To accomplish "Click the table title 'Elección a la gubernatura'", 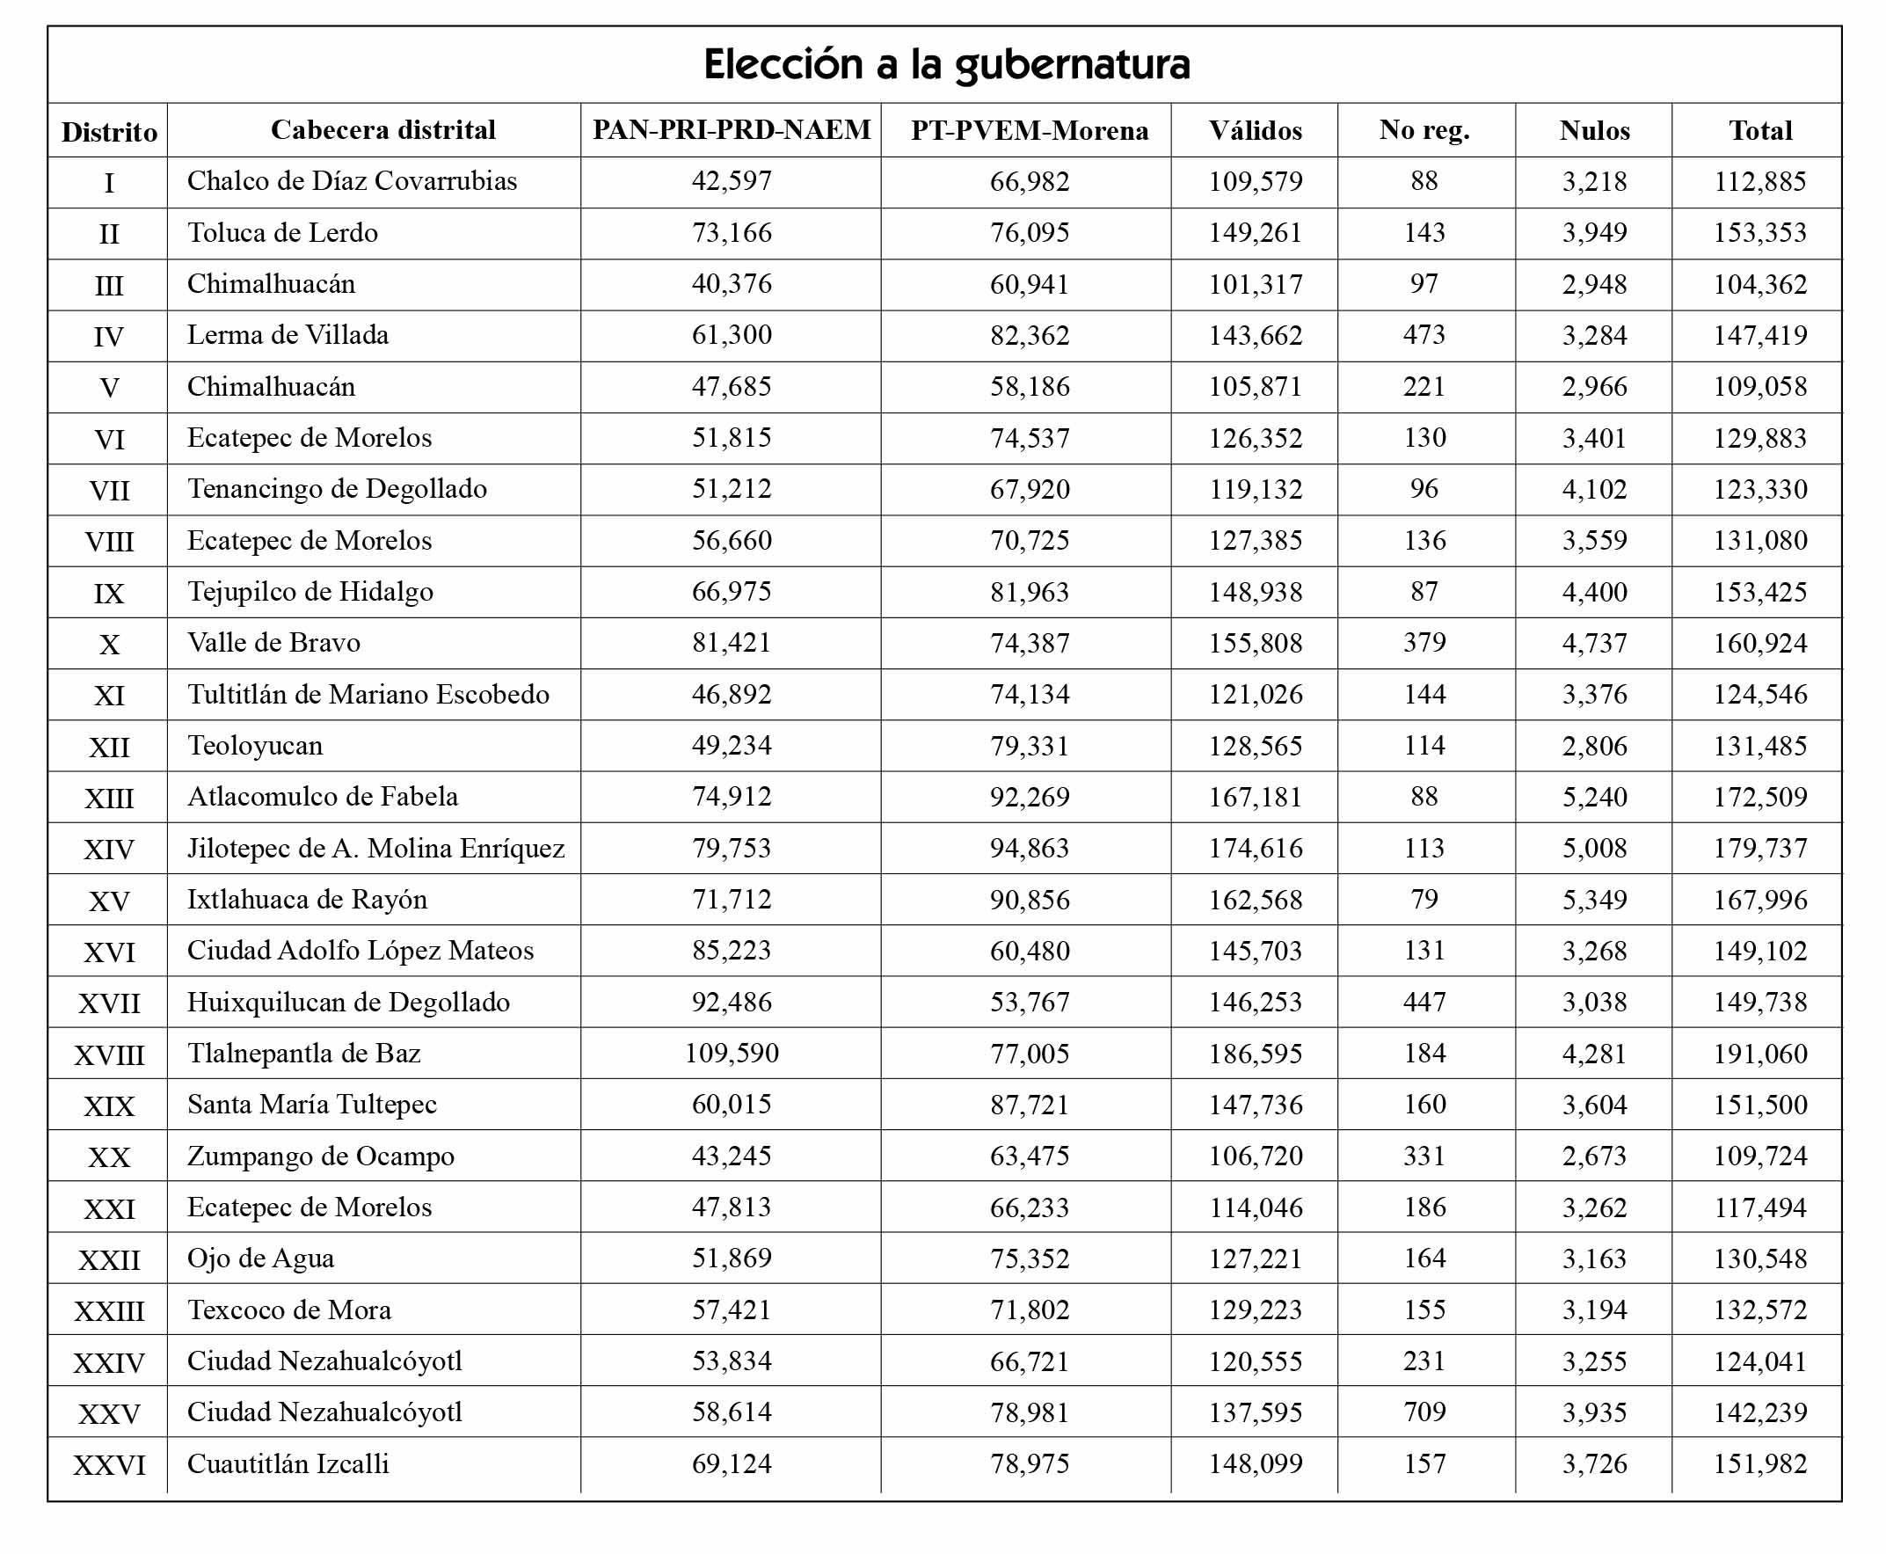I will pos(946,64).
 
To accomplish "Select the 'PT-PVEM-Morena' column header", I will pos(1030,131).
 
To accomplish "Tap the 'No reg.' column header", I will pos(1424,131).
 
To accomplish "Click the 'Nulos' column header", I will pos(1594,131).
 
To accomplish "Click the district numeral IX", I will pos(109,594).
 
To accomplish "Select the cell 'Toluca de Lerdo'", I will pos(282,233).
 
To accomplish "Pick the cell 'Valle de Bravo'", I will pos(273,643).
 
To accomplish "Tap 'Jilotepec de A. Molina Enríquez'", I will pos(376,849).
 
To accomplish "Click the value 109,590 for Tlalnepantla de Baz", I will pos(732,1054).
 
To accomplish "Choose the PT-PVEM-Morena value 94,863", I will pos(1030,849).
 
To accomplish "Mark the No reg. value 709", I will pos(1424,1412).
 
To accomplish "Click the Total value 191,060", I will pos(1759,1054).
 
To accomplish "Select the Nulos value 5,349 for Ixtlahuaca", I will pos(1594,900).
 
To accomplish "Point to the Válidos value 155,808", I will pos(1255,644).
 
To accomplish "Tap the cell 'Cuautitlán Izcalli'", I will pos(288,1463).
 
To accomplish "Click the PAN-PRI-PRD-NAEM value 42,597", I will pos(732,181).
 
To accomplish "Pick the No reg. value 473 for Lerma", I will pos(1424,335).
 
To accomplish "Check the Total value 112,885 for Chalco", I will pos(1759,182).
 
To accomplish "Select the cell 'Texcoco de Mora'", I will pos(289,1310).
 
